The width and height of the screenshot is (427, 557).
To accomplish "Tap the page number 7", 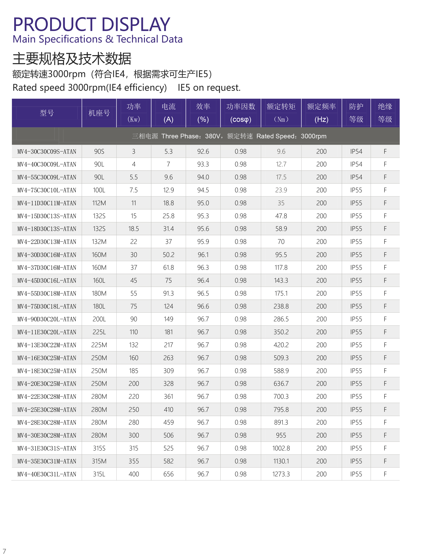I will (4, 551).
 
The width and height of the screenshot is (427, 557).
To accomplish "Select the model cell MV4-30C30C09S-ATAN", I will (47, 152).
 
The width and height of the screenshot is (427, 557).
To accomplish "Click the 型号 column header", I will (47, 113).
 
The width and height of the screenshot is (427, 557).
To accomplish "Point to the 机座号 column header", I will (99, 113).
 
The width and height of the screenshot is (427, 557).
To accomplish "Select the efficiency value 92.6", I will (203, 152).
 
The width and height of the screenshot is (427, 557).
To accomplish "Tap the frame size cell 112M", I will (99, 203).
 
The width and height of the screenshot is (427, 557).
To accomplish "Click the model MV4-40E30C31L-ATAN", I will (47, 474).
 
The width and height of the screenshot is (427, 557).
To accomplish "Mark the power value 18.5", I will (134, 229).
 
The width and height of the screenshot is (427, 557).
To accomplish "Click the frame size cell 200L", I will (99, 319).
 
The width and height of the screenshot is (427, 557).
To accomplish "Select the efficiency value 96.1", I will (203, 255).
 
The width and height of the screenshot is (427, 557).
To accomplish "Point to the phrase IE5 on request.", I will (209, 88).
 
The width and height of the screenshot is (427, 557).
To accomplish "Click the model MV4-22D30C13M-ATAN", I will (47, 242).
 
